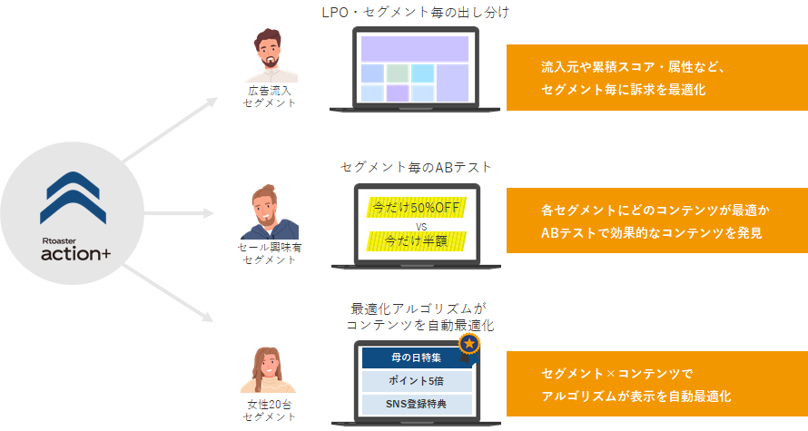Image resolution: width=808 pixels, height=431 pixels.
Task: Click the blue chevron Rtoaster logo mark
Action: click(x=74, y=198)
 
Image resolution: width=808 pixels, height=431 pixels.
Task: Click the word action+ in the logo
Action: click(x=75, y=253)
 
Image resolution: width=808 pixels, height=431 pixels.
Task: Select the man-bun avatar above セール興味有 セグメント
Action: click(x=270, y=211)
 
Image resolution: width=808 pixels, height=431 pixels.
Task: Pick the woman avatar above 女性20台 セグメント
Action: click(x=269, y=369)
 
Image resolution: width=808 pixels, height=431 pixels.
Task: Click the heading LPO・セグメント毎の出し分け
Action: click(x=415, y=13)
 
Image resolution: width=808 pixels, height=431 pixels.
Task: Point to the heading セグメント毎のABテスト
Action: click(x=416, y=167)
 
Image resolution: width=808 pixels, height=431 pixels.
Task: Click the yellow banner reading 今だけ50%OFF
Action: click(x=417, y=208)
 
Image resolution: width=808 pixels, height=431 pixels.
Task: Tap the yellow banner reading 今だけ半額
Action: click(x=417, y=241)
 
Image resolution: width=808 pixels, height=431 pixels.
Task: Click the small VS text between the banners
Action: click(x=421, y=226)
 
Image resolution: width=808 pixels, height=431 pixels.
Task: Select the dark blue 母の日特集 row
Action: click(x=417, y=358)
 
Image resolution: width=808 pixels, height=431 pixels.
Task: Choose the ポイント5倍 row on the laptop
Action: click(x=417, y=381)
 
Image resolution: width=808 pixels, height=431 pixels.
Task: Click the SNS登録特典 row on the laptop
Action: click(x=417, y=404)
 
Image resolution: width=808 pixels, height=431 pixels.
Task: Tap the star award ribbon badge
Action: click(x=469, y=347)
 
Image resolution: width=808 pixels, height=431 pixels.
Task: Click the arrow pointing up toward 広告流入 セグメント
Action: click(x=170, y=129)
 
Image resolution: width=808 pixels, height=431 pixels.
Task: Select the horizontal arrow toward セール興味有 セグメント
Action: click(x=179, y=213)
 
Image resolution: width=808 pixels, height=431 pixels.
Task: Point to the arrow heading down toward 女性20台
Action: click(x=168, y=293)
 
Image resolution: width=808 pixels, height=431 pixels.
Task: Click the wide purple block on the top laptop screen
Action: click(x=415, y=49)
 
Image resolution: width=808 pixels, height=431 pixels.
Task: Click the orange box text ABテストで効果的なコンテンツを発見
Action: click(x=651, y=233)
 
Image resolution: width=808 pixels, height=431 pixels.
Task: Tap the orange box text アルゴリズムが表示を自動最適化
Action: click(x=636, y=396)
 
